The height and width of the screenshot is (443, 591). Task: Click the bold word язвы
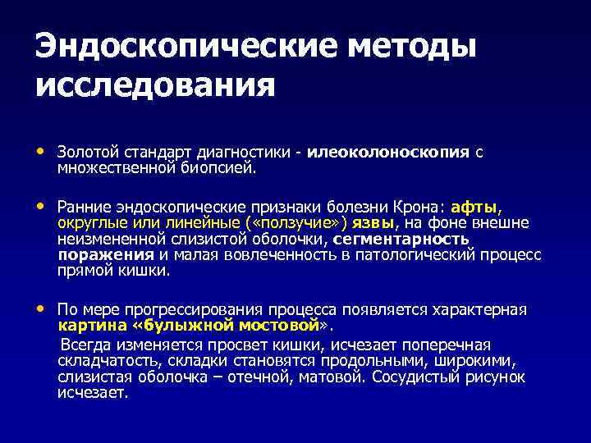click(x=373, y=224)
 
